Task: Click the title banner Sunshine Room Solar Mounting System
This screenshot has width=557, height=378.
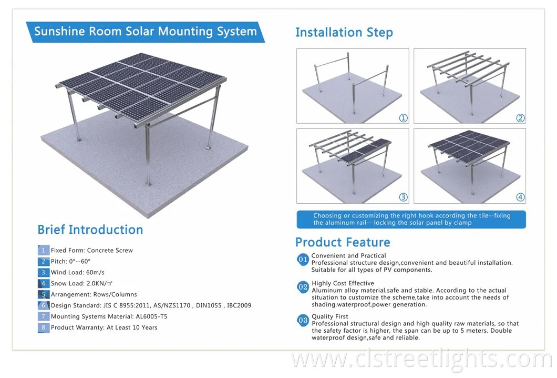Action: (x=146, y=31)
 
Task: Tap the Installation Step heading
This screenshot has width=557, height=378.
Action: (x=344, y=33)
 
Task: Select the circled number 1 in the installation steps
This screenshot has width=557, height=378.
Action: (x=403, y=118)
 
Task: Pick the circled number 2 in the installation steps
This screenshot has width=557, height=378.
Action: (x=520, y=118)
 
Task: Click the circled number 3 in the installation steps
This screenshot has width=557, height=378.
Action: (x=403, y=197)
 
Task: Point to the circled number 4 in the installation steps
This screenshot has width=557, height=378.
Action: (x=520, y=197)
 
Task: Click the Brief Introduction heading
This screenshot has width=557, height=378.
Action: (x=90, y=230)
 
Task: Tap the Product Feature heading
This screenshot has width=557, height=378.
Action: (x=343, y=243)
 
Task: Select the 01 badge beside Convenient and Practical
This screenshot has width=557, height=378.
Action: (x=303, y=260)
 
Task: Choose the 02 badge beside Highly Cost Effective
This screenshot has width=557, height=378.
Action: (x=303, y=287)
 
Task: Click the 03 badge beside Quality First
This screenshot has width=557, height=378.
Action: (x=303, y=320)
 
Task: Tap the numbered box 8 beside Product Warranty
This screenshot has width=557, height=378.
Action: (x=43, y=327)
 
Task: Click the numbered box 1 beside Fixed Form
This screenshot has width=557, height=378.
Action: (x=43, y=251)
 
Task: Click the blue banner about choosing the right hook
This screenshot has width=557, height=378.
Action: (x=411, y=219)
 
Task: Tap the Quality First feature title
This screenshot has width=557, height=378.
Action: (x=330, y=317)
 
